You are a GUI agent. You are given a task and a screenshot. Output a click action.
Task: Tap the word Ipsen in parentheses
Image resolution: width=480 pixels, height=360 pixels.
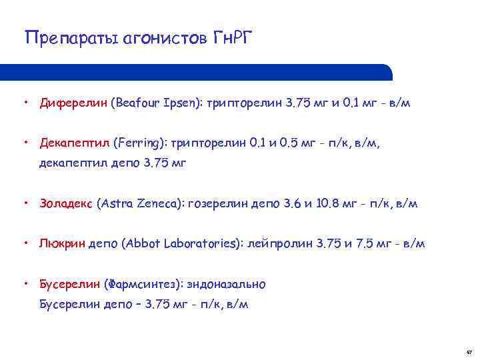(185, 103)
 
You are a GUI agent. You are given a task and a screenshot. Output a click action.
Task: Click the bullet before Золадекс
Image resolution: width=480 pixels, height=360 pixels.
(25, 204)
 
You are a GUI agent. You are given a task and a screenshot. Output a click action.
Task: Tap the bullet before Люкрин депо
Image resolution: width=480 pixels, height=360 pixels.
(25, 244)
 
